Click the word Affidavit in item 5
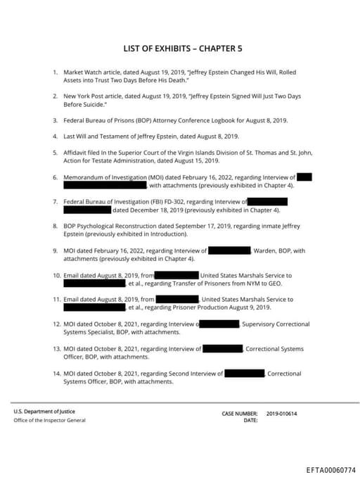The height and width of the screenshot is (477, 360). [x=77, y=152]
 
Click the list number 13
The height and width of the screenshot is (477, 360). [x=56, y=349]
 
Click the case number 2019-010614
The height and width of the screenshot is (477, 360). [x=282, y=414]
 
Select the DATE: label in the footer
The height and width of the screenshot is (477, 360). [x=251, y=421]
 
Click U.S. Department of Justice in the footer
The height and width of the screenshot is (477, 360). [x=44, y=412]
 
